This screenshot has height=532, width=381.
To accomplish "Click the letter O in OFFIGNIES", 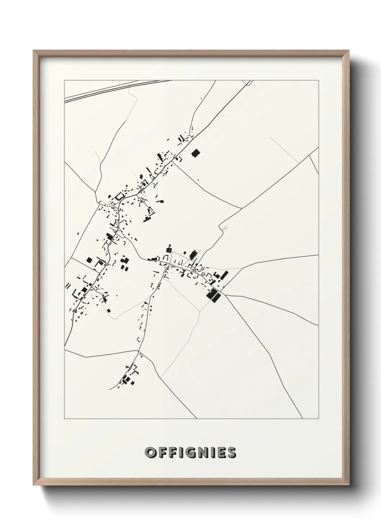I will coord(150,453).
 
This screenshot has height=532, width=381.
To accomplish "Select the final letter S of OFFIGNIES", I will coord(232,453).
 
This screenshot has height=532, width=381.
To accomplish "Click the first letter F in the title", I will coord(162,453).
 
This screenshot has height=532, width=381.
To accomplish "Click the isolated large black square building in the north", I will coord(196,153).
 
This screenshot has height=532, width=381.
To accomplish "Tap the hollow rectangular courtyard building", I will coord(119,197).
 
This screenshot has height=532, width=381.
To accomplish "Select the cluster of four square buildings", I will coord(124,263).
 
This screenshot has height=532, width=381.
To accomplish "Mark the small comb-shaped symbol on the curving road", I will coord(225,227).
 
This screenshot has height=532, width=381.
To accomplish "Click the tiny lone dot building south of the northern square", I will coord(198,180).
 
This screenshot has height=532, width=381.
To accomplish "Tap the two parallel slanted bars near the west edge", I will coord(67,285).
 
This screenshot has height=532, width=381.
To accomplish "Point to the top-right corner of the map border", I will coord(318,80).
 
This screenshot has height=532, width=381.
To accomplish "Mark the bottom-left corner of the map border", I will coord(64,419).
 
